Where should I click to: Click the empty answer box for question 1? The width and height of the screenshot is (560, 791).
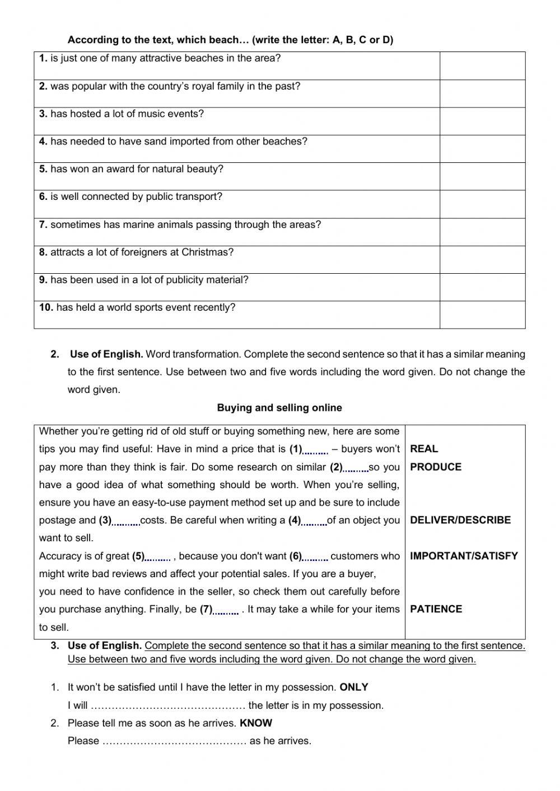click(482, 65)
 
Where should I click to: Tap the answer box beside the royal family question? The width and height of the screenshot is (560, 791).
click(482, 93)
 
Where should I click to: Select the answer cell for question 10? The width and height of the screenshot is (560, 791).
click(482, 315)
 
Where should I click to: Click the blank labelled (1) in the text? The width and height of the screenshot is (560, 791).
click(316, 450)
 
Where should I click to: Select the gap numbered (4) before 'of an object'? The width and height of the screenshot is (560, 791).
click(314, 521)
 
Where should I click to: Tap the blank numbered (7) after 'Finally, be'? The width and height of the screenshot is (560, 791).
click(226, 610)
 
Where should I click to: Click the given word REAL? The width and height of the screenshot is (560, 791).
click(424, 449)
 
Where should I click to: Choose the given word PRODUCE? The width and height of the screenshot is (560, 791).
click(436, 467)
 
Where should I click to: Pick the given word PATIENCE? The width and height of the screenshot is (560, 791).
click(436, 609)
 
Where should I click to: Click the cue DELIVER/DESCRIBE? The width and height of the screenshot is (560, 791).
click(460, 520)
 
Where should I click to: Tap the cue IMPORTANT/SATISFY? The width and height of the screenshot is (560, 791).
click(464, 556)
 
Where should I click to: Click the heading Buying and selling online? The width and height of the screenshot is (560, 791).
click(279, 408)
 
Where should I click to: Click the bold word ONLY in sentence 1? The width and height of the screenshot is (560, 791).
click(354, 687)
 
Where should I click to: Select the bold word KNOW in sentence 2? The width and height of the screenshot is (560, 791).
click(256, 723)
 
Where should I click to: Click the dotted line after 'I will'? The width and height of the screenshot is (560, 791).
click(168, 706)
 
